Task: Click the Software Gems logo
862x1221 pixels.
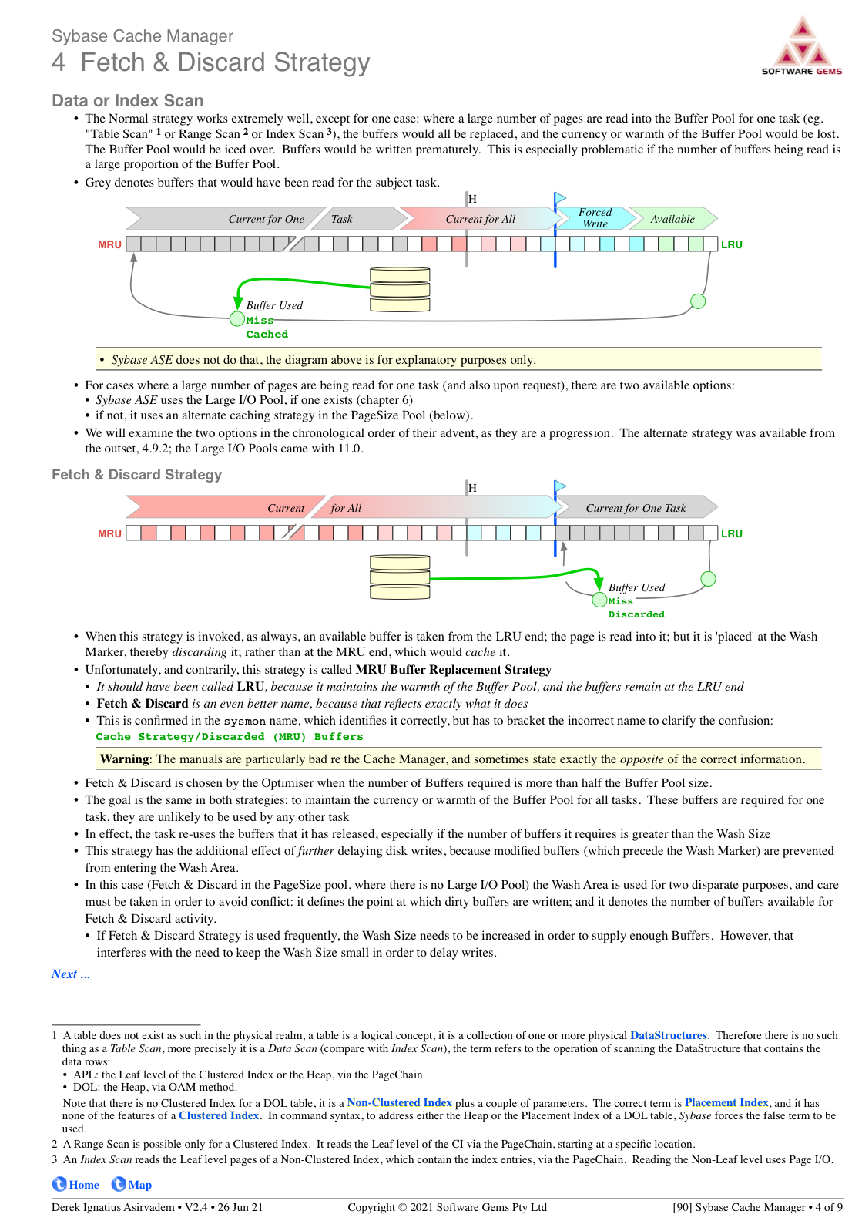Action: (802, 46)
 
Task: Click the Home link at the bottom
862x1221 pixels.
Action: (76, 1185)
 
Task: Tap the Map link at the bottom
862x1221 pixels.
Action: (132, 1185)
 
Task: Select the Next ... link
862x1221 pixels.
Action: (71, 974)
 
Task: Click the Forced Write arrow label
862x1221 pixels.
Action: (595, 218)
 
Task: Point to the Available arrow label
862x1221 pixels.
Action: (672, 219)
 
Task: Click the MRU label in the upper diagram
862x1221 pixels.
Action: (109, 244)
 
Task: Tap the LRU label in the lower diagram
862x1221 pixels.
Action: (731, 533)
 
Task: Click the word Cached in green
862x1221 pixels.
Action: (267, 335)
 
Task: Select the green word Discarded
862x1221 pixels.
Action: (636, 614)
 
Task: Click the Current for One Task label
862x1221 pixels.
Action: (636, 508)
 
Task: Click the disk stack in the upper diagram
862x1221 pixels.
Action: (400, 290)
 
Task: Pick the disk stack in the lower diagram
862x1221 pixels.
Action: (400, 577)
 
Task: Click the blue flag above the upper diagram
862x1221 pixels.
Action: (560, 199)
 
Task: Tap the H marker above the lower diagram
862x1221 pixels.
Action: (472, 488)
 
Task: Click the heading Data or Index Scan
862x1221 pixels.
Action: (128, 101)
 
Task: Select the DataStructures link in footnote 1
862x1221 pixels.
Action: (668, 1035)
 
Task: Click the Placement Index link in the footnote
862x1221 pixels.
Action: (726, 1102)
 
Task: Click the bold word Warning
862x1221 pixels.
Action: (124, 759)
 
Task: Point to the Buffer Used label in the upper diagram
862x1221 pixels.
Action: (274, 305)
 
